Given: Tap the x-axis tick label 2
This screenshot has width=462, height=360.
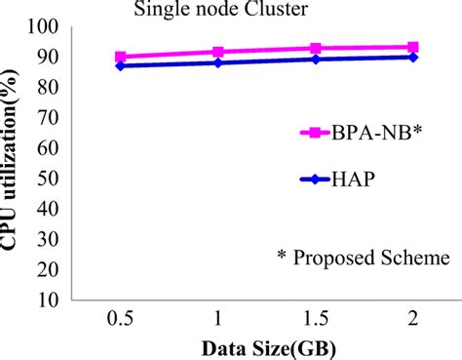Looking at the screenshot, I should pyautogui.click(x=412, y=320).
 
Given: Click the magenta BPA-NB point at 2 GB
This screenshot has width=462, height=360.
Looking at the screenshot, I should pyautogui.click(x=412, y=47).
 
